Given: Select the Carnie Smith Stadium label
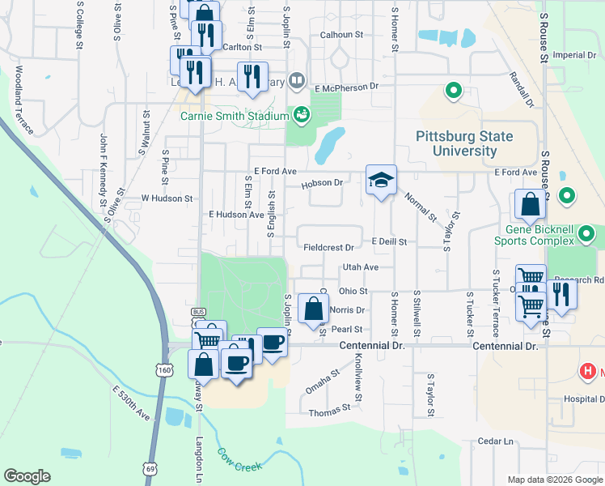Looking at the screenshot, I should click(235, 116).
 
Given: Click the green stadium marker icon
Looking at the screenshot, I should click(301, 115).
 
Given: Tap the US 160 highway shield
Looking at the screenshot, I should click(165, 369).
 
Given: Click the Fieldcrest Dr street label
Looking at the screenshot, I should click(328, 247).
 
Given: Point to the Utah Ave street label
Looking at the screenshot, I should click(361, 266).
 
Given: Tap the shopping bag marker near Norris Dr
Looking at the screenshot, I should click(314, 309).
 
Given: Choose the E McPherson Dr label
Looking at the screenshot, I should click(347, 87).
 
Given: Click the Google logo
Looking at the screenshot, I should click(27, 476).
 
